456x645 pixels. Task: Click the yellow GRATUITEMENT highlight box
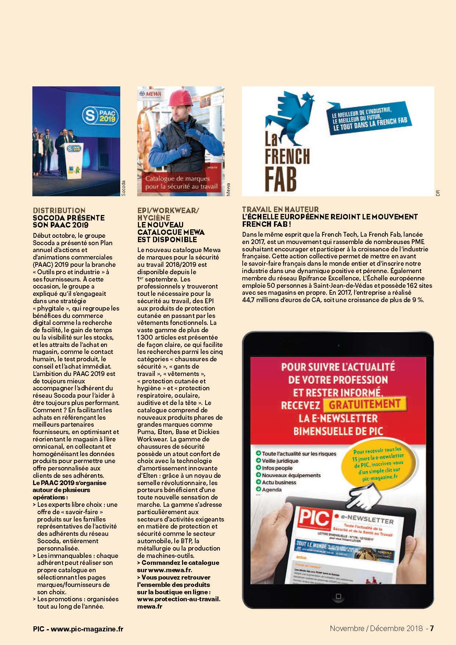[364, 405]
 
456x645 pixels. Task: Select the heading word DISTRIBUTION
[59, 211]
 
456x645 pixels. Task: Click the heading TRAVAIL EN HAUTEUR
[280, 209]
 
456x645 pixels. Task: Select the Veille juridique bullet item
[280, 461]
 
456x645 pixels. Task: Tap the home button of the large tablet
[338, 596]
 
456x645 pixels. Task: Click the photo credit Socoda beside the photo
[124, 188]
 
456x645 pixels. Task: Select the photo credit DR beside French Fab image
[438, 193]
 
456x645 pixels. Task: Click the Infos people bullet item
[277, 468]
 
